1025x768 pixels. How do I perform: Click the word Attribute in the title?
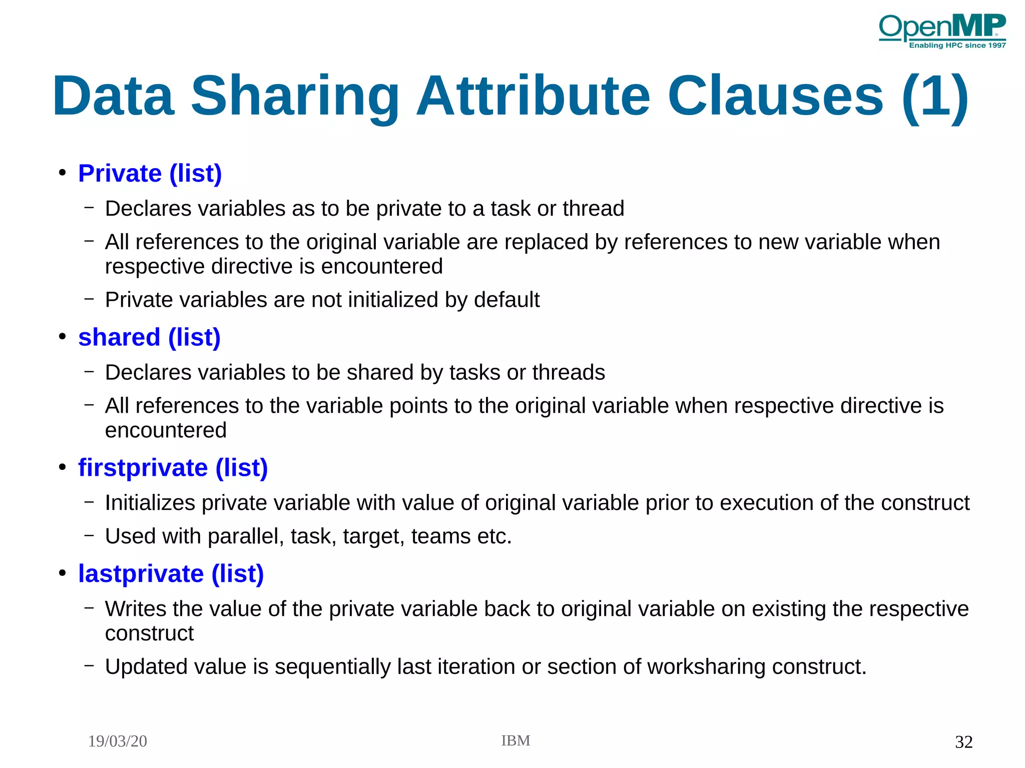pos(533,96)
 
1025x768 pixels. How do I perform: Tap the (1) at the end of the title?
pos(935,96)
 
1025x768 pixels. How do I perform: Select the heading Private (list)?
pos(150,174)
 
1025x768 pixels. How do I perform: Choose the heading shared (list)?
pos(149,337)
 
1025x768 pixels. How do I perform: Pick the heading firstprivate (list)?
pos(173,468)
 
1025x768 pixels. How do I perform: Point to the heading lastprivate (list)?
pos(171,573)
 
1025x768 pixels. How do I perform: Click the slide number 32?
pos(963,741)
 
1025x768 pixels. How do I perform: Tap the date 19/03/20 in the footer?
pos(118,741)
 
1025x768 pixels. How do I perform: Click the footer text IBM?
pos(516,740)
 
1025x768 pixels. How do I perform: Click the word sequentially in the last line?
pos(332,667)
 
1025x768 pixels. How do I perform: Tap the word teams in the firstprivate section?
pos(441,536)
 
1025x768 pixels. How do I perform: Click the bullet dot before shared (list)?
pos(62,337)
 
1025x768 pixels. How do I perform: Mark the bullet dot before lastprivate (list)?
pos(62,573)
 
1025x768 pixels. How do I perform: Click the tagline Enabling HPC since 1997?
pos(957,46)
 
